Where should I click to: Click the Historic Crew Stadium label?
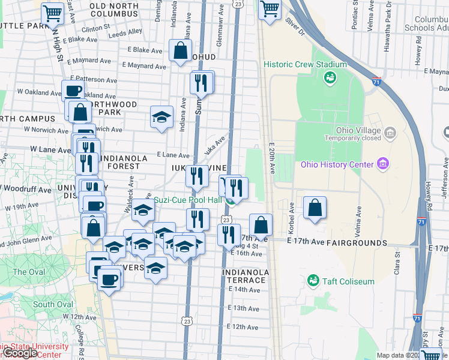point(305,65)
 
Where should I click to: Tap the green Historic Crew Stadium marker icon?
point(329,77)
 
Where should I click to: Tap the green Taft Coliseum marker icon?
point(312,280)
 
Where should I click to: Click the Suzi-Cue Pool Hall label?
point(188,200)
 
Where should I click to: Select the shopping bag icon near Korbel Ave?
point(315,208)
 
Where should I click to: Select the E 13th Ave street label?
point(246,308)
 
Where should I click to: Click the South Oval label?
point(53,304)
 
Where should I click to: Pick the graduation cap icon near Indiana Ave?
point(161,118)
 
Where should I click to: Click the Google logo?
point(20,353)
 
